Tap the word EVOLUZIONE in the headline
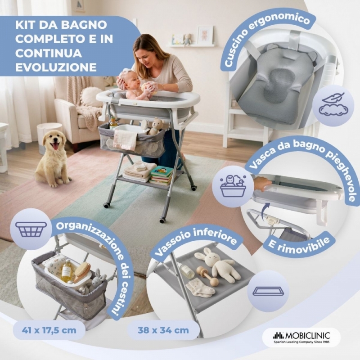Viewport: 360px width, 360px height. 56,67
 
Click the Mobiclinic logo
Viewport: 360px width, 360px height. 301,337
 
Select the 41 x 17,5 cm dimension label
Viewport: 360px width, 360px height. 49,330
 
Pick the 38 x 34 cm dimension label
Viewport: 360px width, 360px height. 163,330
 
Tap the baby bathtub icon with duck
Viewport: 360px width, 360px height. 233,186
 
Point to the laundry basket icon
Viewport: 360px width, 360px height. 31,229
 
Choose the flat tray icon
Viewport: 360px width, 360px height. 268,291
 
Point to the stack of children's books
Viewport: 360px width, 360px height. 162,175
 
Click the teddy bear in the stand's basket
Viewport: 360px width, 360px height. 156,126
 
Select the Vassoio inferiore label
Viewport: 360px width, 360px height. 195,241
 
